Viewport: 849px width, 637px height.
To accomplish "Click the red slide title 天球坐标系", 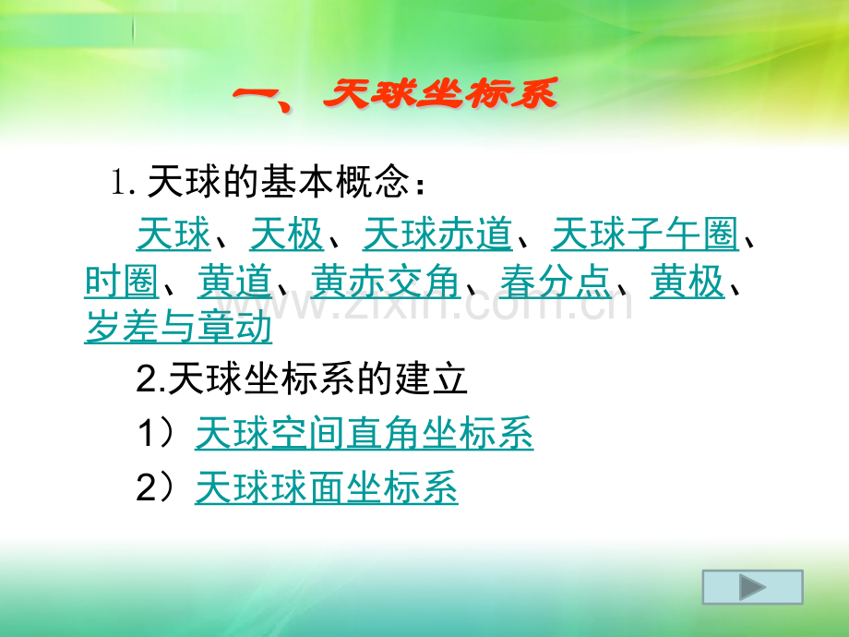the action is [x=441, y=94].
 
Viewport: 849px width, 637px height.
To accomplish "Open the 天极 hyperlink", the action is [x=286, y=234].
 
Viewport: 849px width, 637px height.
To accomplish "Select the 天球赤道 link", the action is [x=436, y=234].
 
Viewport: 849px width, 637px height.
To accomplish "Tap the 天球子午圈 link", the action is [x=645, y=234].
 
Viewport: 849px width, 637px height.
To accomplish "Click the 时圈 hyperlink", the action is [x=122, y=282].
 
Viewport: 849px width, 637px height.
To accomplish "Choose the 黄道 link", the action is [x=234, y=282].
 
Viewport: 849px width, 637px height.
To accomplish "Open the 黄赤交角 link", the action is [x=386, y=282].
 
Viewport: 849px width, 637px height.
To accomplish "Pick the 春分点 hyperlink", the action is [x=556, y=282].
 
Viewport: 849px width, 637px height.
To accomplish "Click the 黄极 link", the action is [x=688, y=282].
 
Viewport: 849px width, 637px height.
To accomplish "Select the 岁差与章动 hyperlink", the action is [x=178, y=327].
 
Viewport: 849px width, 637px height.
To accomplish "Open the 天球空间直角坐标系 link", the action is [x=364, y=433].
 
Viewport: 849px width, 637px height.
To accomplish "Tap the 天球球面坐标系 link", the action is [x=327, y=487].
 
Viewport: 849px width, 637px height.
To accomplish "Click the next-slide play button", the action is [x=753, y=587].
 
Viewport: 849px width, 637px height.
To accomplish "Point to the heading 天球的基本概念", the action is [x=278, y=182].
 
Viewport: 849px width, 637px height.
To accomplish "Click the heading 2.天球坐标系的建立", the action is [x=301, y=379].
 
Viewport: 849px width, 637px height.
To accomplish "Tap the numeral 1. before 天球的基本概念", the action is [x=123, y=183].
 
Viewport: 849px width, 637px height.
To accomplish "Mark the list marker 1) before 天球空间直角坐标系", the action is [x=156, y=433].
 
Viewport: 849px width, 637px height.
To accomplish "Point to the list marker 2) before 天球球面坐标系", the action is [x=156, y=487].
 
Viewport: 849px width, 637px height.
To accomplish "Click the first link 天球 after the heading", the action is [x=173, y=234].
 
